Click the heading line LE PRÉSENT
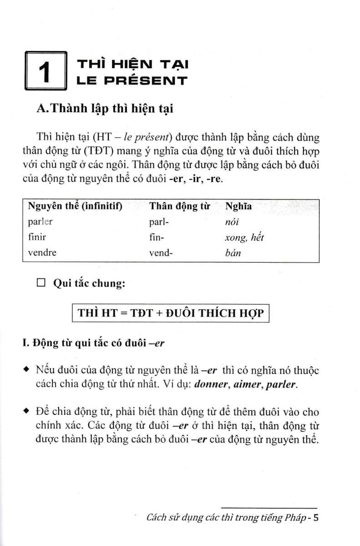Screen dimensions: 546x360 pos(132,81)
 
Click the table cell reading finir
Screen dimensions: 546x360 pos(37,238)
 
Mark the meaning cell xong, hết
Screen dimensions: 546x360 pos(242,238)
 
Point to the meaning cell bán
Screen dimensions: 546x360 pos(233,253)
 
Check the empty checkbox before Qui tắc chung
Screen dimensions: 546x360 pos(41,284)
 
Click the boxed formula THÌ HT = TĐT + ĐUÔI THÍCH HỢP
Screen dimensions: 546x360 pos(171,313)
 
